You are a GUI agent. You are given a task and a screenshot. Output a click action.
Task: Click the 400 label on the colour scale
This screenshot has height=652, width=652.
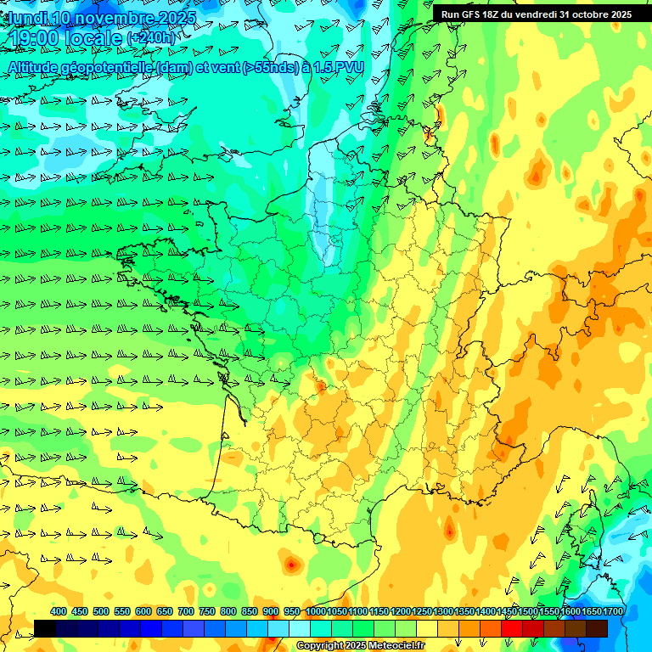pyautogui.click(x=59, y=611)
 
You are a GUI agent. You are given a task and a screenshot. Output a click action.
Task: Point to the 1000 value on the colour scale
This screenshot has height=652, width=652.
pyautogui.click(x=316, y=611)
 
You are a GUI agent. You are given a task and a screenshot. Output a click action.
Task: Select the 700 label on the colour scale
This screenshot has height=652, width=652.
pyautogui.click(x=186, y=611)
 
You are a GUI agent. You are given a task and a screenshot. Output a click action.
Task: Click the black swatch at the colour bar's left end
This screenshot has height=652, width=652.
pyautogui.click(x=45, y=628)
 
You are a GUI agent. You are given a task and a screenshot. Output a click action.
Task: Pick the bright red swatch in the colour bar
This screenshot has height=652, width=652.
pyautogui.click(x=512, y=628)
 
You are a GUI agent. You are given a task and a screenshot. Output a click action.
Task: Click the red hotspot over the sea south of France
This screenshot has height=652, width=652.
pyautogui.click(x=291, y=564)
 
